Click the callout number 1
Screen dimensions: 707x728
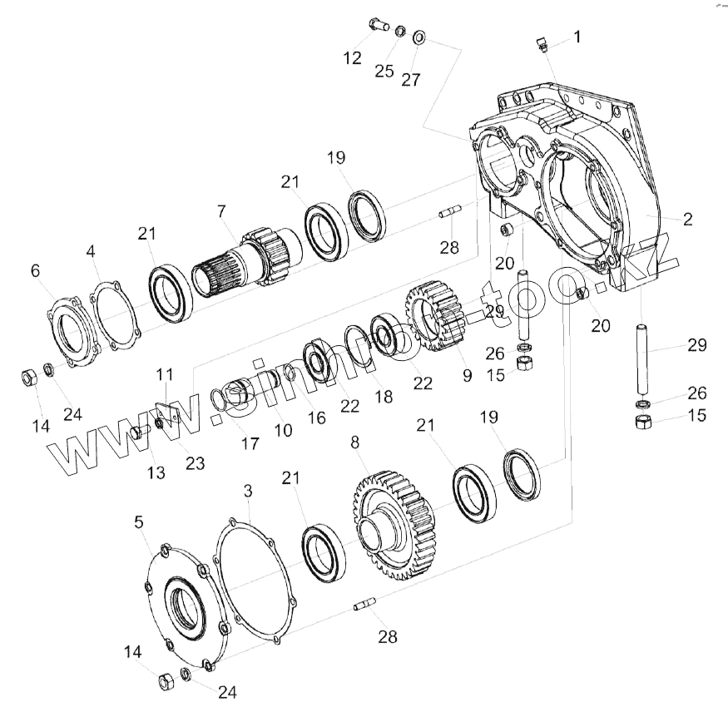tap(577, 37)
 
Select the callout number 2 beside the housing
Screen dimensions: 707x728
tap(687, 220)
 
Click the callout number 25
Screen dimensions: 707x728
tap(384, 71)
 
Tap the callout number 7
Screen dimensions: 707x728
tap(221, 212)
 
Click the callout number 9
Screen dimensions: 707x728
tap(467, 375)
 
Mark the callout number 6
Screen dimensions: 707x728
tap(35, 270)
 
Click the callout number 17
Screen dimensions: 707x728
tap(250, 443)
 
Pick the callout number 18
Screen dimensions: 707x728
tap(384, 397)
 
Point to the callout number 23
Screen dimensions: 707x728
tap(195, 463)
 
